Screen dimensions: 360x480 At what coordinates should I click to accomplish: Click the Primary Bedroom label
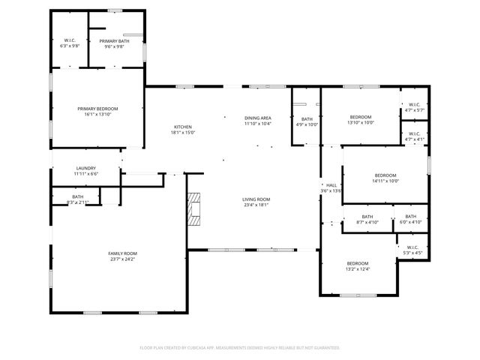pos(97,112)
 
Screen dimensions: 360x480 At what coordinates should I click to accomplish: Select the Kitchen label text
pos(183,130)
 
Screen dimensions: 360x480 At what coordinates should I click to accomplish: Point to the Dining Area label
pos(257,121)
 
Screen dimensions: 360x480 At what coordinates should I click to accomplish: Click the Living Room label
pos(256,202)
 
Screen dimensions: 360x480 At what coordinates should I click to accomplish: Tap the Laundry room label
pos(85,170)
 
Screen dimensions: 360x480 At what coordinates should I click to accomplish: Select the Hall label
pos(331,187)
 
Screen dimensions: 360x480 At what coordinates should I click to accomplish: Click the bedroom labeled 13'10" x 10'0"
pos(360,120)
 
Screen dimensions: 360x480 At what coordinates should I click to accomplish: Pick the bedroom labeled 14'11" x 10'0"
pos(385,178)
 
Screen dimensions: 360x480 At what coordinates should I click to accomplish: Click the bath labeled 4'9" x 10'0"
pos(307,121)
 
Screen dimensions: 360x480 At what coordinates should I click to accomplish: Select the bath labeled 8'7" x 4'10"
pos(367,219)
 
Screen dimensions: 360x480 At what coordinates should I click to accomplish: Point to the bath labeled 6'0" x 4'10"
pos(410,219)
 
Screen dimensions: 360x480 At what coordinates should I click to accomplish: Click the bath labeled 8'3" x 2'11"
pos(77,199)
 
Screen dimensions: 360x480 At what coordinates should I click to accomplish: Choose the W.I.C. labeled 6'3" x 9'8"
pos(70,44)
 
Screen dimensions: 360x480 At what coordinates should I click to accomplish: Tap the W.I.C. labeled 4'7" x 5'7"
pos(414,107)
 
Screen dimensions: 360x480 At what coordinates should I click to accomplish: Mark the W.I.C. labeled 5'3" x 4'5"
pos(412,250)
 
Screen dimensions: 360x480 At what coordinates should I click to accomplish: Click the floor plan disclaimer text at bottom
pos(240,348)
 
